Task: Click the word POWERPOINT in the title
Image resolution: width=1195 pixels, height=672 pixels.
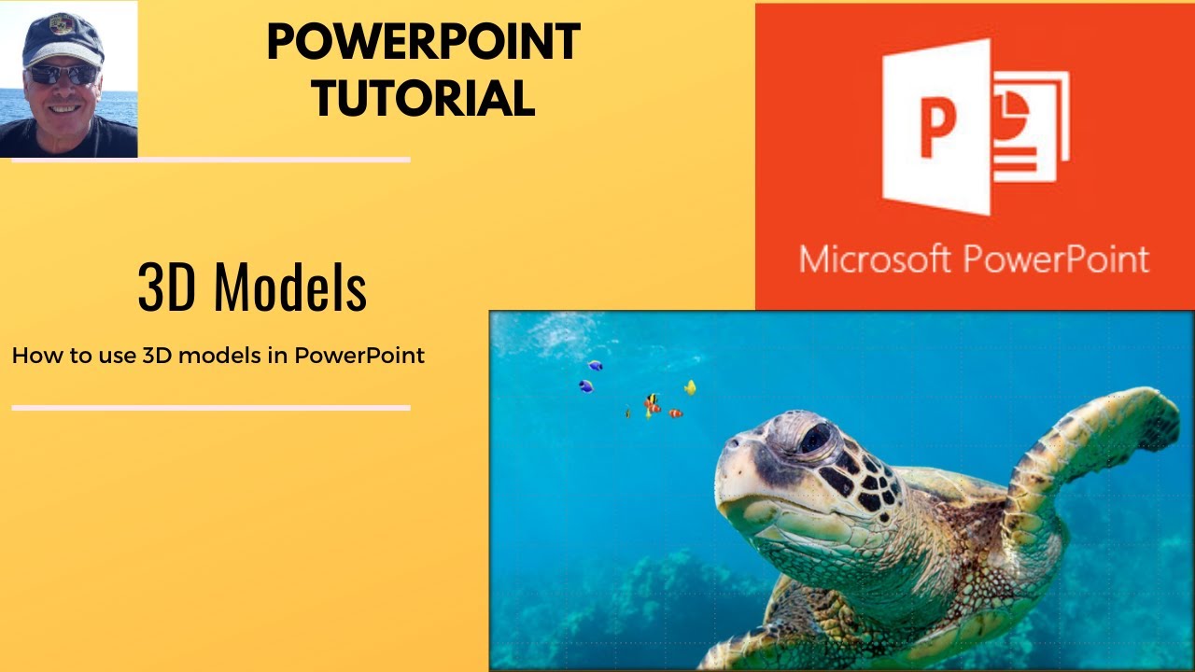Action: click(423, 42)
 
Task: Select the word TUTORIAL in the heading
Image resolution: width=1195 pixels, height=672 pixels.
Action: click(423, 97)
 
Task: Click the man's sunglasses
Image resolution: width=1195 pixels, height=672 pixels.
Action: click(63, 74)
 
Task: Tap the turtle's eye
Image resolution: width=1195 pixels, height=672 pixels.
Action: click(814, 438)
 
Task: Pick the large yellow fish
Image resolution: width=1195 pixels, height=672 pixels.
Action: click(690, 386)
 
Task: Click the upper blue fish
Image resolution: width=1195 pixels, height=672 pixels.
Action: click(595, 366)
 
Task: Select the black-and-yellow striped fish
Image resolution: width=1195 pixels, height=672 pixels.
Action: click(651, 399)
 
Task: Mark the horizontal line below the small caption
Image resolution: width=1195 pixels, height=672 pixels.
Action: click(211, 408)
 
